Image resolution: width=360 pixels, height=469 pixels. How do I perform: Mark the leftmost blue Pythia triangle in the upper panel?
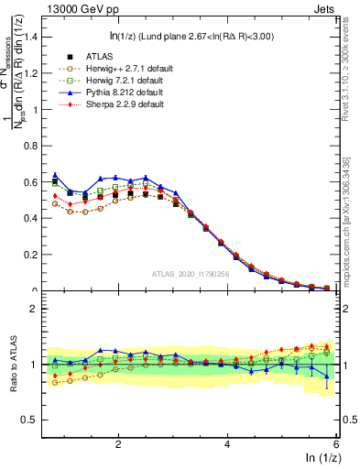click(x=56, y=174)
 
